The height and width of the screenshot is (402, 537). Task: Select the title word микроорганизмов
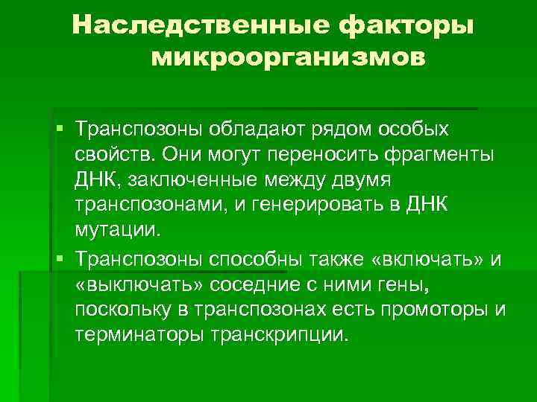pos(289,58)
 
